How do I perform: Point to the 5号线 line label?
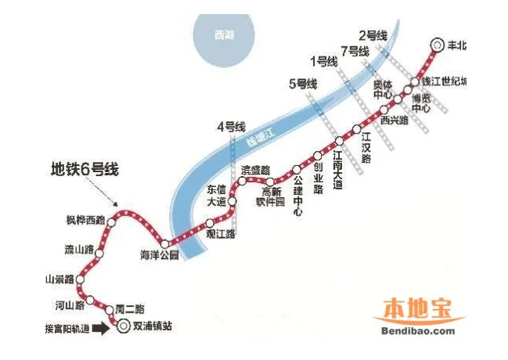tap(302, 83)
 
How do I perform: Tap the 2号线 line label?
tap(373, 35)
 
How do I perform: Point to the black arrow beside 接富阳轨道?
tap(102, 329)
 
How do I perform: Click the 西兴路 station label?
tap(394, 121)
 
